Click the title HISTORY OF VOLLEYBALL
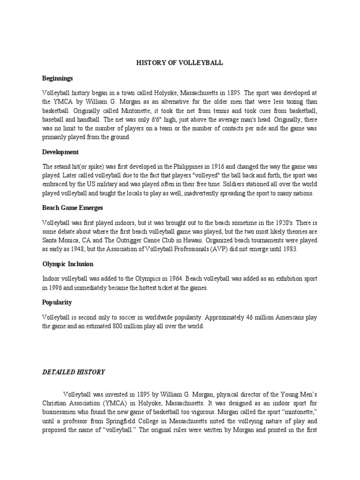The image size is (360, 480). coord(180,63)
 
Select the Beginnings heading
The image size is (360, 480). coord(58,78)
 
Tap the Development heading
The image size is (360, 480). coord(60,152)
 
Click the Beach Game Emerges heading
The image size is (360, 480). coord(73,207)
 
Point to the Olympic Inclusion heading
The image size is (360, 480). coord(68,264)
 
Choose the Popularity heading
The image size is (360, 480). coord(57,302)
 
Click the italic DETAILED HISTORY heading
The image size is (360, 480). coord(74,372)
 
